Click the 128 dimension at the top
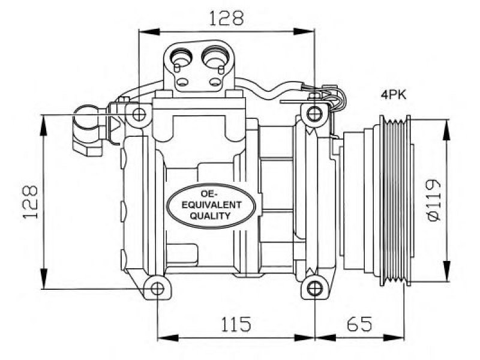coord(226,18)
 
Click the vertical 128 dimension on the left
coord(31,202)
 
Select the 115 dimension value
coord(236,324)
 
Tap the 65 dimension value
coord(359,323)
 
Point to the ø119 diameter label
coord(433,200)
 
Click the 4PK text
coord(394,95)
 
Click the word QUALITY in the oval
coord(210,216)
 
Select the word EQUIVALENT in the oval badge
coord(211,205)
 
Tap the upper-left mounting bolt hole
coord(139,115)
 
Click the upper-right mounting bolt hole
coord(314,115)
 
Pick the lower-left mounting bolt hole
coord(157,289)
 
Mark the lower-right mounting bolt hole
coord(314,289)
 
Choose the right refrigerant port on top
coord(215,57)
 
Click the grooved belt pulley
coord(395,200)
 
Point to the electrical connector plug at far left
coord(89,131)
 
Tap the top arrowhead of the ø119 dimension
coord(448,130)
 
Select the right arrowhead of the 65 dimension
coord(394,338)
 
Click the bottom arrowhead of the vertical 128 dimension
coord(44,278)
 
